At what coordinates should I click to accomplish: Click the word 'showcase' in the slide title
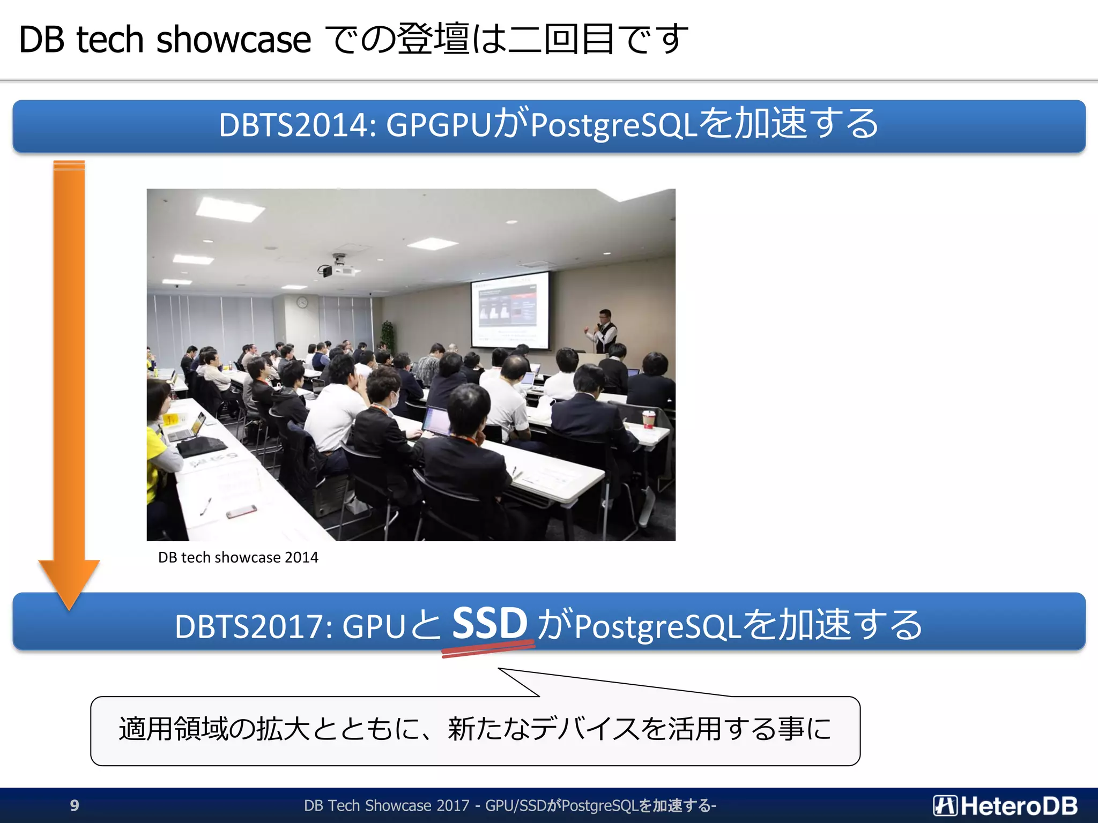click(233, 40)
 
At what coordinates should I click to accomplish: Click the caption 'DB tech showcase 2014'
click(238, 558)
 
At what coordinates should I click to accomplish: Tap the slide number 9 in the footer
click(75, 805)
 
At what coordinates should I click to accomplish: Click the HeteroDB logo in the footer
click(1005, 805)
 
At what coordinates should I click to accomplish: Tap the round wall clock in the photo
click(302, 303)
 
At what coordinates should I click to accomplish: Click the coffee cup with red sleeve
click(649, 418)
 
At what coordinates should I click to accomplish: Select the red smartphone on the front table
click(241, 512)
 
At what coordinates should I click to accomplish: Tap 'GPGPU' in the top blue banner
click(439, 125)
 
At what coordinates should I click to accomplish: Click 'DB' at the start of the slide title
click(41, 40)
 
